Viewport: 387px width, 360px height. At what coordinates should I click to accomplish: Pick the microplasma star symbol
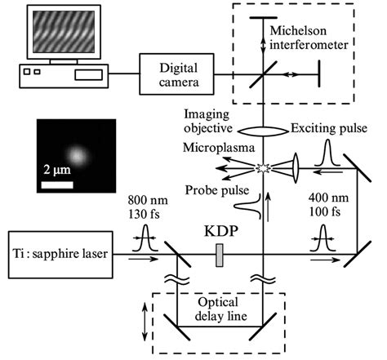(x=263, y=169)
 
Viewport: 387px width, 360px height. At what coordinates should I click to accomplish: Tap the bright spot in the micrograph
(x=77, y=154)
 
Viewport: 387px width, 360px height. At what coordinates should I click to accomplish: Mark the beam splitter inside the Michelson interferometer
(x=263, y=74)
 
